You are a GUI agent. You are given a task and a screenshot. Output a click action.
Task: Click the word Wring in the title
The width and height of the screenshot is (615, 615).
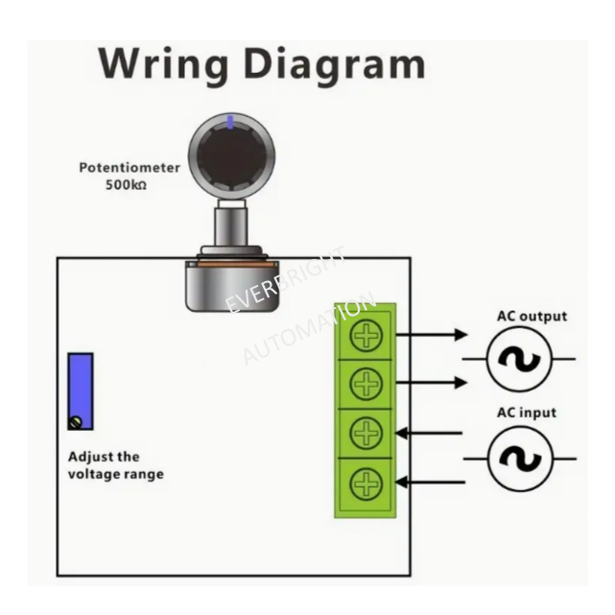(x=163, y=65)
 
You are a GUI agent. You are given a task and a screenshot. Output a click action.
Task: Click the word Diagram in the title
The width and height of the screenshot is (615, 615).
(x=335, y=65)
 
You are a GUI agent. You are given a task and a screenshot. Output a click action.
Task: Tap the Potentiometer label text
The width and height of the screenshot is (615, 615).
(x=130, y=168)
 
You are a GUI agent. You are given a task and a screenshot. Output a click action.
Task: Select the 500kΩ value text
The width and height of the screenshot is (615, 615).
(x=126, y=185)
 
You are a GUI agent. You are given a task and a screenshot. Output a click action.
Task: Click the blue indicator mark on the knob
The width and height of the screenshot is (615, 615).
(x=230, y=122)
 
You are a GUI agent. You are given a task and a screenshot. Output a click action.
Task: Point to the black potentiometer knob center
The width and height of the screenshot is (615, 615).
(x=231, y=157)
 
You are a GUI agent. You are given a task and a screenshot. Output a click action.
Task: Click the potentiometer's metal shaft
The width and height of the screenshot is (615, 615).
(x=231, y=226)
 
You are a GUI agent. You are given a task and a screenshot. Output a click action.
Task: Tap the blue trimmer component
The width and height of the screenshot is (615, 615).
(x=81, y=391)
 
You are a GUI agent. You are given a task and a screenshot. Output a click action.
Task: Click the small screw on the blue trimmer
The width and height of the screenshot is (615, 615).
(x=76, y=422)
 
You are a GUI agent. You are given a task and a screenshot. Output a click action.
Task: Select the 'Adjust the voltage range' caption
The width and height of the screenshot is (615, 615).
(x=116, y=465)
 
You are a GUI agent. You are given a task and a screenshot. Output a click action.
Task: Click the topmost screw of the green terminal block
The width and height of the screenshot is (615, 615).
(x=366, y=336)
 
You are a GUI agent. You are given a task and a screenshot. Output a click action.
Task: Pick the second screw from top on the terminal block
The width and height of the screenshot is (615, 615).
(x=366, y=384)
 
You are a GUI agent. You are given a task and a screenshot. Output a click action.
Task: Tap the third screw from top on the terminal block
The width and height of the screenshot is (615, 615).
(x=366, y=433)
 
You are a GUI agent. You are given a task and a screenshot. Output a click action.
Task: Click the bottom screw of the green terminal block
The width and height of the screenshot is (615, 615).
(x=366, y=484)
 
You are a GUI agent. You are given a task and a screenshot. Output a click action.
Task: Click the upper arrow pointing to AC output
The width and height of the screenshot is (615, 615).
(x=432, y=335)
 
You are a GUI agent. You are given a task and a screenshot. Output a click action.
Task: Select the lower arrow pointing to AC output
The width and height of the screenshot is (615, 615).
(x=432, y=383)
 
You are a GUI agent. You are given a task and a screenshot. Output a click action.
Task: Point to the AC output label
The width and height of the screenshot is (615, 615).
(x=532, y=316)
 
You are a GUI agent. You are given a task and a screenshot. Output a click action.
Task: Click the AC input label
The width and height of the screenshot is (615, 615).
(x=527, y=413)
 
